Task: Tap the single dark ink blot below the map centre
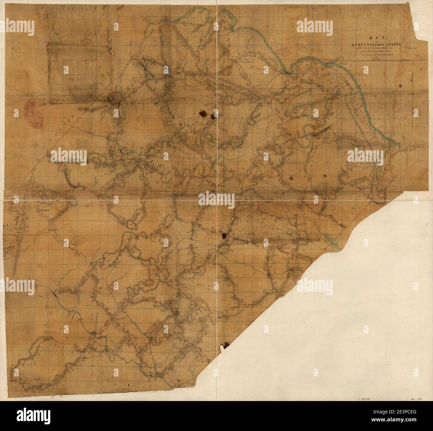coord(224,235)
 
